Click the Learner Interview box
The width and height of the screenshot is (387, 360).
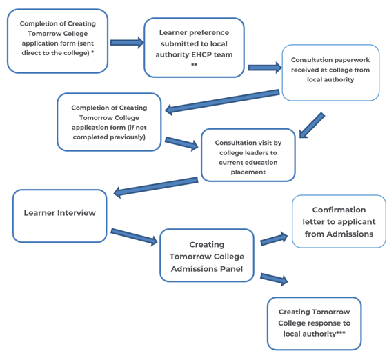[60, 216]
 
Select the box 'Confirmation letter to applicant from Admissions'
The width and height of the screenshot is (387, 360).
[339, 221]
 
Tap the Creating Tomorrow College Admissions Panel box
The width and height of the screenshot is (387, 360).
[207, 255]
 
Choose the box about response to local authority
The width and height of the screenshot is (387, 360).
[314, 323]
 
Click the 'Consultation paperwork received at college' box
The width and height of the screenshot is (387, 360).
[330, 72]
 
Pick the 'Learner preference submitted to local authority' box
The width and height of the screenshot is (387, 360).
[194, 48]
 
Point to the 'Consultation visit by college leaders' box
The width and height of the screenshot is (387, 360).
[248, 155]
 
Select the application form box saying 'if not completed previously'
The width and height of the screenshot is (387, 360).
[109, 122]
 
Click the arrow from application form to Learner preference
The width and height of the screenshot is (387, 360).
[127, 43]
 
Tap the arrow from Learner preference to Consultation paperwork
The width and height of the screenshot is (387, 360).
[265, 68]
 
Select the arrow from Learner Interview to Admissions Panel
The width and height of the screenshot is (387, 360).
[134, 237]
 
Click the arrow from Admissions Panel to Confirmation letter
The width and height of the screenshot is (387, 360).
[274, 239]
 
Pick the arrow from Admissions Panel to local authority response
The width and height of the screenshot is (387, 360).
[274, 279]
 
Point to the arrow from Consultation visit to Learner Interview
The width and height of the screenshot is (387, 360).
[156, 188]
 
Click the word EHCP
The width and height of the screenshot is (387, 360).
[201, 54]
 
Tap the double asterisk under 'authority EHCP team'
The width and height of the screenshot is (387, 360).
[194, 65]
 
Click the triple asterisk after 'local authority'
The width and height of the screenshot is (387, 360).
[341, 332]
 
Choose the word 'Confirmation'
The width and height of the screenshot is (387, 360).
[339, 210]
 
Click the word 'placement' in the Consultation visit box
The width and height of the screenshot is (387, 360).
[248, 172]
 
